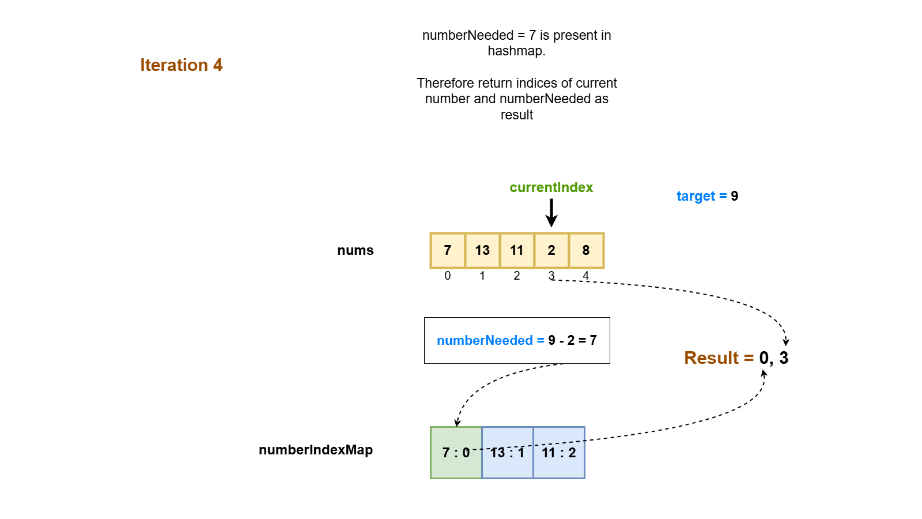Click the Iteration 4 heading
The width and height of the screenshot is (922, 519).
(x=181, y=65)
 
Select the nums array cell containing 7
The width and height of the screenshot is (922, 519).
(x=448, y=250)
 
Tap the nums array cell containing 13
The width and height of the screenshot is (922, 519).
(x=482, y=250)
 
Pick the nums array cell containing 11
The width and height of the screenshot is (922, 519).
(x=517, y=250)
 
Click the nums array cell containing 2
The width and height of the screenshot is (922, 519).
(x=551, y=250)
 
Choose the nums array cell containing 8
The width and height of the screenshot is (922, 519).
(x=586, y=250)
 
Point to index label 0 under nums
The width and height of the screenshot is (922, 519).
(x=448, y=276)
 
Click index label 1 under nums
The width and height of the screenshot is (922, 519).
(x=482, y=276)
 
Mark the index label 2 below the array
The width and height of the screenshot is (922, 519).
(x=517, y=276)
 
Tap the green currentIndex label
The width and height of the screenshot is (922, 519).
(x=551, y=187)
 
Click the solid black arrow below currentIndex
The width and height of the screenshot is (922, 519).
(x=551, y=212)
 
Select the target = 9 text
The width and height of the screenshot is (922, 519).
(x=707, y=196)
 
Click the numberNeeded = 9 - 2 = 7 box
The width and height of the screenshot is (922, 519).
(x=517, y=340)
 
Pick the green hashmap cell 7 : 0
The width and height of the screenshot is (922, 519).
(x=456, y=453)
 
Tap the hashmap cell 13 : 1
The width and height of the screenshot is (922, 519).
(x=507, y=453)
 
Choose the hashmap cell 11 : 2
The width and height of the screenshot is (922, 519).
(x=559, y=453)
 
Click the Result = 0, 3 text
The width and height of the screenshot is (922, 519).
(x=736, y=358)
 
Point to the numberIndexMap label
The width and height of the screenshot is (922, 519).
(x=316, y=450)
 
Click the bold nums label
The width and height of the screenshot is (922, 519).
(x=356, y=250)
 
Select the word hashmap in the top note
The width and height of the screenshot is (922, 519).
(x=515, y=51)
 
